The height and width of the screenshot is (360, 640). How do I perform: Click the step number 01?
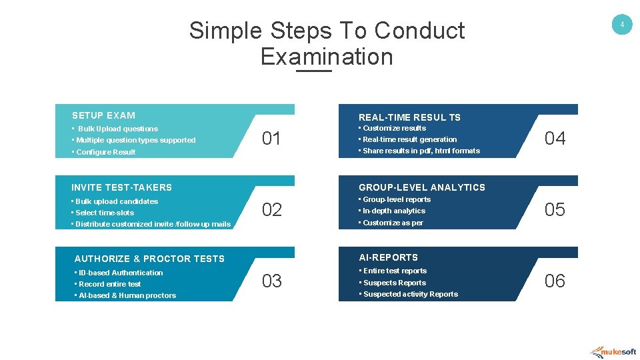click(x=271, y=139)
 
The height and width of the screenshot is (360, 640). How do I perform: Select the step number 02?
click(x=271, y=210)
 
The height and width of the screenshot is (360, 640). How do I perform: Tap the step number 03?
click(x=271, y=281)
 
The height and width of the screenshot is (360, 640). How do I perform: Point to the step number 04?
click(x=555, y=139)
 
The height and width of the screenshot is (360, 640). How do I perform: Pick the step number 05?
click(x=555, y=210)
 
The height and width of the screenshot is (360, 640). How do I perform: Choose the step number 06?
click(x=555, y=281)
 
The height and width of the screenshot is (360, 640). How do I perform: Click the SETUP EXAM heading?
click(x=103, y=115)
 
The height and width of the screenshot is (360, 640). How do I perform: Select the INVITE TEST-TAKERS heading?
click(x=121, y=187)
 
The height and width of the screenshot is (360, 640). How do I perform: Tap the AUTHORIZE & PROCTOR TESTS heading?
click(x=149, y=259)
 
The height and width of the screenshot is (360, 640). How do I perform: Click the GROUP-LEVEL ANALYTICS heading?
click(x=422, y=187)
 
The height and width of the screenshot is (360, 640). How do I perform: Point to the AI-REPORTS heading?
click(x=389, y=257)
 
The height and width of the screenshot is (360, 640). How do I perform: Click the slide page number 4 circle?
click(x=621, y=25)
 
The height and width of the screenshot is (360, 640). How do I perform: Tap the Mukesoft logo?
click(x=613, y=351)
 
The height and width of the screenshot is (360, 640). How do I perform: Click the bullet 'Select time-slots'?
click(x=105, y=213)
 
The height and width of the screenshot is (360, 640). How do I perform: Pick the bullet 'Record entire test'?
click(x=110, y=284)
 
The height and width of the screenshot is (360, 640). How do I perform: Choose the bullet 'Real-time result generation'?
click(x=409, y=139)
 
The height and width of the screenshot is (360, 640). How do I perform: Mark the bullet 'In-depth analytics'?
click(x=393, y=211)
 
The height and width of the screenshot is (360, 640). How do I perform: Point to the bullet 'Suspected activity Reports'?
click(x=410, y=294)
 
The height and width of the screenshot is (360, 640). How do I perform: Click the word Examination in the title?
click(x=327, y=57)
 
